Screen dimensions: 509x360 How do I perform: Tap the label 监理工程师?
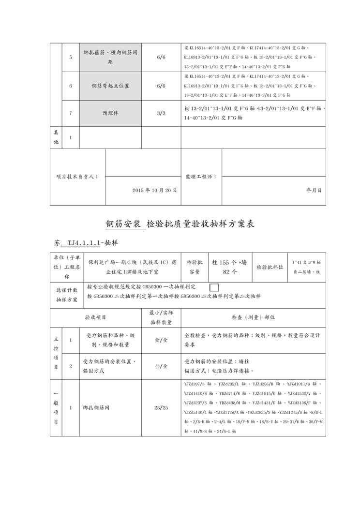coord(201,177)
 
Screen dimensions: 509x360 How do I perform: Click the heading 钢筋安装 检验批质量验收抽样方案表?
coord(180,224)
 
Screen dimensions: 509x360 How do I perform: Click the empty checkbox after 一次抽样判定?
coord(214,287)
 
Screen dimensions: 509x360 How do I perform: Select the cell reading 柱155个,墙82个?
coord(229,267)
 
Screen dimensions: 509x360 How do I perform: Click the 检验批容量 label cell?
coord(195,267)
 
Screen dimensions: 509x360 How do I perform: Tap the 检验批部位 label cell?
coord(270,267)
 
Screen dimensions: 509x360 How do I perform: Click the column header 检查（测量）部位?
coord(254,317)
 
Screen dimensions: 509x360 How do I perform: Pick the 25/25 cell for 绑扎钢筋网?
coord(161,408)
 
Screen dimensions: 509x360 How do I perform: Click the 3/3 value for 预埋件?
coord(161,113)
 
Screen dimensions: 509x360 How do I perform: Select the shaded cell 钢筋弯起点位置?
coord(111,86)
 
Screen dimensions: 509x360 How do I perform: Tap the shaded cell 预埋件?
coord(111,113)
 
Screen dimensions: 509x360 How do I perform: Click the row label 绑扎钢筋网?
coord(96,408)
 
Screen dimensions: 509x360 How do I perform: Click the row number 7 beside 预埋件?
coord(71,113)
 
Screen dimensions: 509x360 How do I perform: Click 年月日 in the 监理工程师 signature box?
coord(314,191)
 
